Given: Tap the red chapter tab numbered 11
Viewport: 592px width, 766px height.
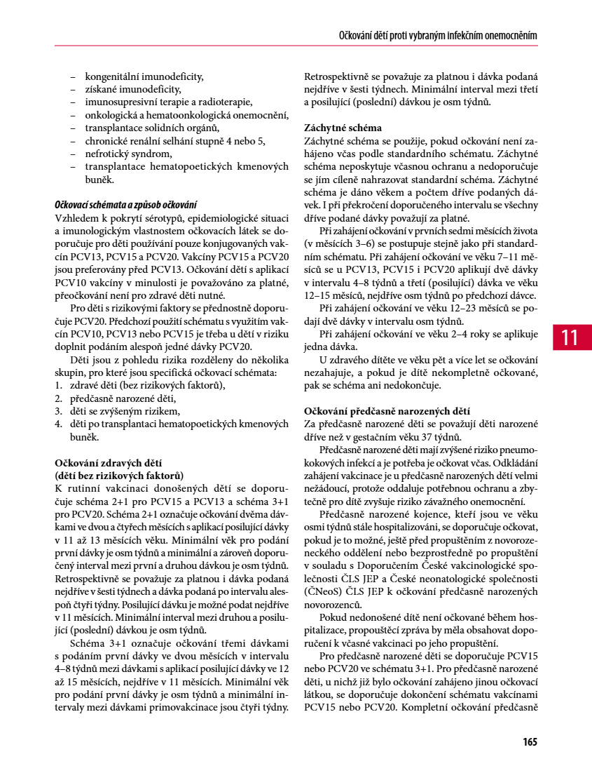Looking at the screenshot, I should pyautogui.click(x=570, y=337).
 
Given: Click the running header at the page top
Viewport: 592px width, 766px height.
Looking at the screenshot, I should pyautogui.click(x=438, y=35).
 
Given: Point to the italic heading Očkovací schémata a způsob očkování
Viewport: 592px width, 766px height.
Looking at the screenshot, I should pyautogui.click(x=125, y=205).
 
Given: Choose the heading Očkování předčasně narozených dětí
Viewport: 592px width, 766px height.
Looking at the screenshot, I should pyautogui.click(x=387, y=410).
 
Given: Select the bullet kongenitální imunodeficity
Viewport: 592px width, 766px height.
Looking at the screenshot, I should pyautogui.click(x=144, y=76).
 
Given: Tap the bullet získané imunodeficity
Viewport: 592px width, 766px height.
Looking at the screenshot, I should pyautogui.click(x=133, y=89).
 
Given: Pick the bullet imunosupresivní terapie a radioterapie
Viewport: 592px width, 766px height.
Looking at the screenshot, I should pyautogui.click(x=169, y=102).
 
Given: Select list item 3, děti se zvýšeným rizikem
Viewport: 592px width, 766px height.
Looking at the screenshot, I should pyautogui.click(x=125, y=411).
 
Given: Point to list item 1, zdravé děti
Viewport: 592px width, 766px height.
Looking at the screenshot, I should pyautogui.click(x=147, y=385).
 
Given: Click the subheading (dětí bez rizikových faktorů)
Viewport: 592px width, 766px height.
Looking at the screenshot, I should pyautogui.click(x=119, y=475).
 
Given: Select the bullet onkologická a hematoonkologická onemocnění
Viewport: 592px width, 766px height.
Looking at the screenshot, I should pyautogui.click(x=186, y=115).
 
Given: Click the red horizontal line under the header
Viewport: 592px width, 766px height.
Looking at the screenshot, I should pyautogui.click(x=296, y=46).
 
